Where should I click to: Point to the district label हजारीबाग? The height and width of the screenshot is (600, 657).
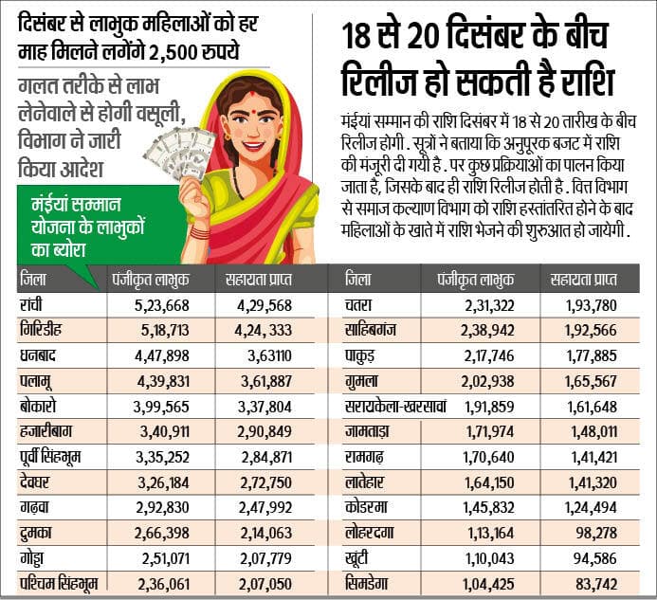point(47,431)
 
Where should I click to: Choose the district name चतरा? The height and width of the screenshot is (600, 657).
point(363,306)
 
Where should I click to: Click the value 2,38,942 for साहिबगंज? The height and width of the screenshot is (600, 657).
point(480,332)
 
